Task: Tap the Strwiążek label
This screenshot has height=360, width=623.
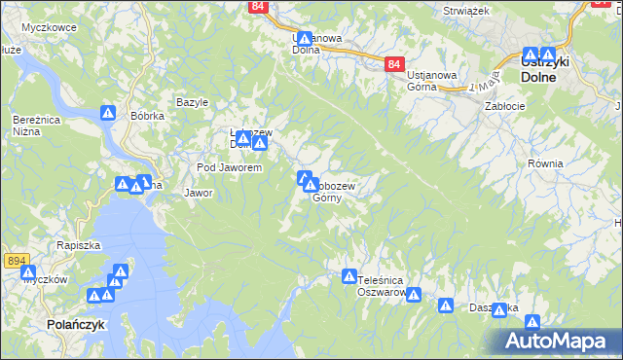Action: [x=463, y=11]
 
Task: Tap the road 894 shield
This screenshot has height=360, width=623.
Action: [x=16, y=261]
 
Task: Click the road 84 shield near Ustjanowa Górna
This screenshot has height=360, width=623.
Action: [x=393, y=64]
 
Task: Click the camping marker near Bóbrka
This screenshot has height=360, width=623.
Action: [x=108, y=114]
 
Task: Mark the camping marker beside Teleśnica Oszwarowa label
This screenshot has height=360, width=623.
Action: [x=349, y=277]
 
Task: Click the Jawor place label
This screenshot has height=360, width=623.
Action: [x=199, y=193]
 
